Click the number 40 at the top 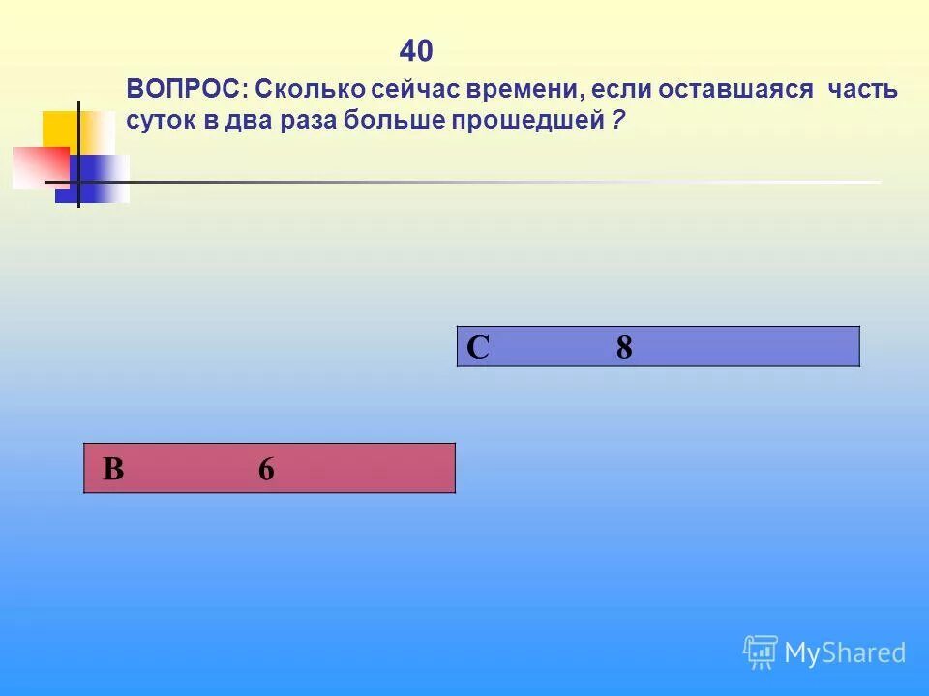416,50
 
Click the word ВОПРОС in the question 186,90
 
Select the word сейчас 418,90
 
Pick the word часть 862,90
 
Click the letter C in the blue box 478,347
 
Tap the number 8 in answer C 624,347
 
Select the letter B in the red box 113,470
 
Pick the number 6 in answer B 266,470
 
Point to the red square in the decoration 39,167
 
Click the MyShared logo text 844,652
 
